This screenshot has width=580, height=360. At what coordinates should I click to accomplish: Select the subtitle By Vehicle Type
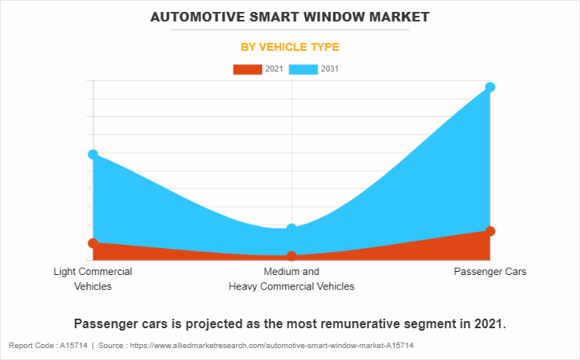tap(290, 47)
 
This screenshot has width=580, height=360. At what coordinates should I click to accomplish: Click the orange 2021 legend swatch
tap(247, 69)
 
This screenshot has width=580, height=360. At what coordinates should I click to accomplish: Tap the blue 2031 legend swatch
tap(304, 69)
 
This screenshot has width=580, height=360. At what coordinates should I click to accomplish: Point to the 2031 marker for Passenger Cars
tap(490, 87)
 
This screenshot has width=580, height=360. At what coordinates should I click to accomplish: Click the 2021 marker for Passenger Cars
tap(490, 231)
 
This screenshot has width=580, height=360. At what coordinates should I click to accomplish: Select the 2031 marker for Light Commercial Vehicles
tap(93, 154)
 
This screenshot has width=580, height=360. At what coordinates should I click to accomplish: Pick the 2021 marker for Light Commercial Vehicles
tap(93, 243)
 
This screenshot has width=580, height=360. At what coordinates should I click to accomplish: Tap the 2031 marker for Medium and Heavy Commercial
tap(292, 229)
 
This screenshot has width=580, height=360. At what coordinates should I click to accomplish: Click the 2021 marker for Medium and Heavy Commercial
tap(292, 256)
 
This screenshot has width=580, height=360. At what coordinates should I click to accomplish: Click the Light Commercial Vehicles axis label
tap(93, 279)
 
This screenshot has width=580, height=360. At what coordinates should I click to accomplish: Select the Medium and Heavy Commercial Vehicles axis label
tap(292, 279)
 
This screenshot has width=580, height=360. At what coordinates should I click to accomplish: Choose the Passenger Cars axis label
tap(490, 272)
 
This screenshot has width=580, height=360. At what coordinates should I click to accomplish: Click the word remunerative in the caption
tap(357, 324)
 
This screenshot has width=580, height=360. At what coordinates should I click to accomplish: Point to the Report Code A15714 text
tap(48, 346)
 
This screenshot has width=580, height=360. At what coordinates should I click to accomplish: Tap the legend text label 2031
tap(330, 69)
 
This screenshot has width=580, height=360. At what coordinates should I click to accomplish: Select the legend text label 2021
tap(273, 69)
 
